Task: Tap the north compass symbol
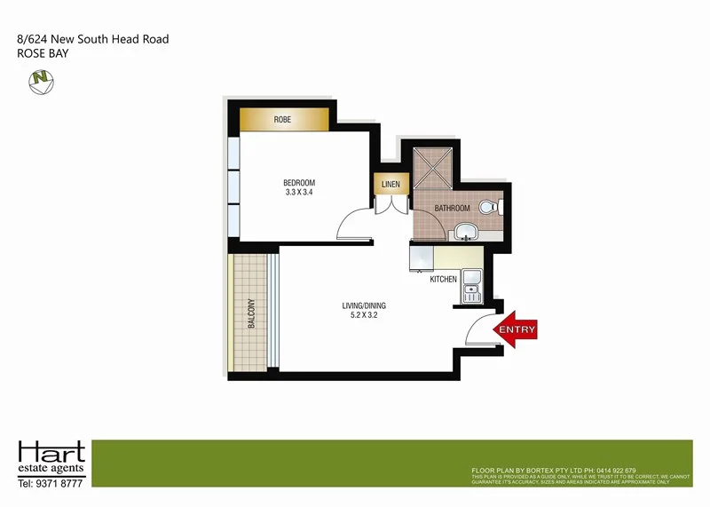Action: click(x=40, y=82)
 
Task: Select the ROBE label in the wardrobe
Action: click(x=282, y=119)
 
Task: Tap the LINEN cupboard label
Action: click(x=390, y=185)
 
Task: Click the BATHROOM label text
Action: click(x=452, y=209)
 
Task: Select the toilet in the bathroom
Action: click(x=489, y=208)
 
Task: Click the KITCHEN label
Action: click(x=444, y=280)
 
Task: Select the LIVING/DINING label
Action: click(x=364, y=306)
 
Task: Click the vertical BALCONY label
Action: click(x=252, y=312)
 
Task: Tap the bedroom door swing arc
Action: click(x=355, y=223)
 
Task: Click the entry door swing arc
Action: click(x=480, y=329)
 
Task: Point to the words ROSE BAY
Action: click(x=43, y=53)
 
